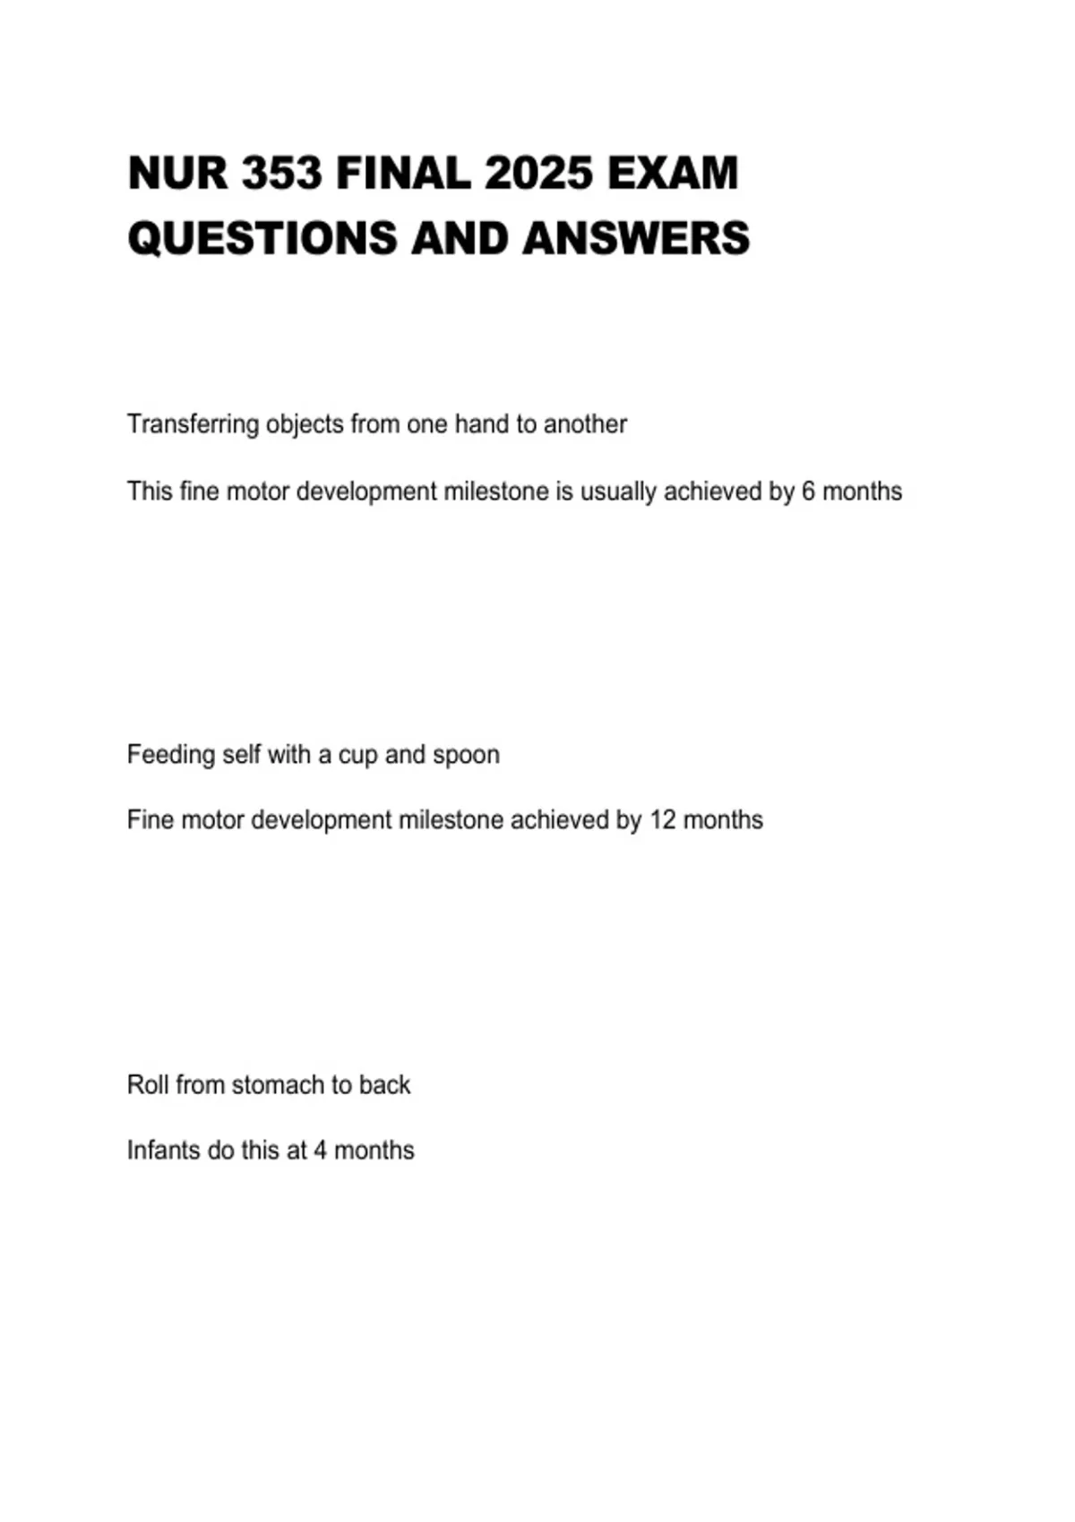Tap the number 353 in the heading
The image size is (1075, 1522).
tap(281, 174)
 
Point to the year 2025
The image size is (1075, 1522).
tap(538, 174)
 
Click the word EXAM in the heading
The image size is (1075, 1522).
tap(673, 174)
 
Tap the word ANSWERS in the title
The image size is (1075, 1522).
tap(636, 239)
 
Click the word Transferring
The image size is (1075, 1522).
tap(193, 424)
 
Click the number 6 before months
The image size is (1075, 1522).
tap(808, 492)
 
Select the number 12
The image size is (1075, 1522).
tap(662, 820)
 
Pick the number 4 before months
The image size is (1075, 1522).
tap(320, 1150)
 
